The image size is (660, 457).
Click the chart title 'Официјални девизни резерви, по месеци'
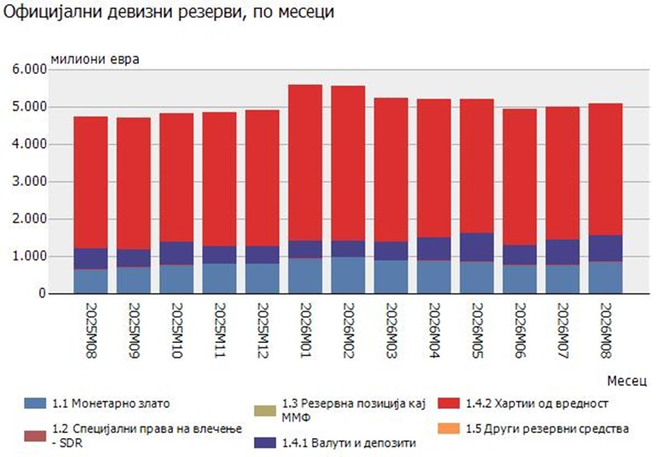pos(169,12)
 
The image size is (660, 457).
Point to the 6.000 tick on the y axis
pos(29,69)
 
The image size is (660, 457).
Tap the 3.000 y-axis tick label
pos(29,182)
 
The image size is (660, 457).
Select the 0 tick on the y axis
pos(41,293)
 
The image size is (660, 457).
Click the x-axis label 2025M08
pos(91,331)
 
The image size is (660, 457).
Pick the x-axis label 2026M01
pos(305,331)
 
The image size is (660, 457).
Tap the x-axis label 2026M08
pos(605,331)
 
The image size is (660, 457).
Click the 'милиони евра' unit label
pos(95,60)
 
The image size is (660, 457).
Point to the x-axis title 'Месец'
pos(626,381)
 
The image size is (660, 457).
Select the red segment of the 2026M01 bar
pos(305,163)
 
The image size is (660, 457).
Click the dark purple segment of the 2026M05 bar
pos(476,247)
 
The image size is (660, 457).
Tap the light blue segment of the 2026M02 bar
pos(348,275)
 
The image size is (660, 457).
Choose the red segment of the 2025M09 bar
pos(134,183)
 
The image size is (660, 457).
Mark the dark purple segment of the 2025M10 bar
pos(177,253)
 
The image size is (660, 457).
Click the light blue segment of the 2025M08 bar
pos(91,281)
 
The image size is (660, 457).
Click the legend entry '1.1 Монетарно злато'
pos(98,403)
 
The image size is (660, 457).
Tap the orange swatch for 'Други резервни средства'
pos(448,429)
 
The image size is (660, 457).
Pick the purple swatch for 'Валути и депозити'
pos(265,443)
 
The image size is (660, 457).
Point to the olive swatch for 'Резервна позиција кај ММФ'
pos(265,411)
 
